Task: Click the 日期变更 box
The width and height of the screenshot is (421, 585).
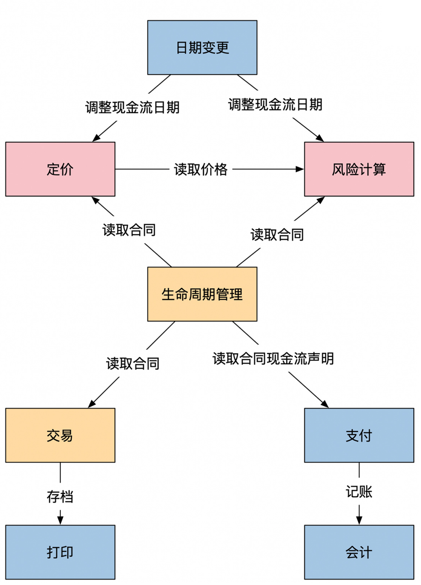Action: [202, 48]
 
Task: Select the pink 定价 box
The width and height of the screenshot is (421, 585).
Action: [60, 169]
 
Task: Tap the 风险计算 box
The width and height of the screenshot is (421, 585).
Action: [359, 169]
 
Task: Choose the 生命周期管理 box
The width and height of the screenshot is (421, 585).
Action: [202, 294]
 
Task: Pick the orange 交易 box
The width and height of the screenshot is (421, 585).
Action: [60, 435]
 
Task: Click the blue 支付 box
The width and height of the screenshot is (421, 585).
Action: [359, 435]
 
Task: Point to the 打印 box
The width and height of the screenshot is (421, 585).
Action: [60, 552]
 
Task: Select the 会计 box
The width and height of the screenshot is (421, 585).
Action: [359, 552]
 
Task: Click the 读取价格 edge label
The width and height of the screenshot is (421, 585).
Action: [201, 169]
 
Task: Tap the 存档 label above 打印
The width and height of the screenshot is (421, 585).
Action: [60, 497]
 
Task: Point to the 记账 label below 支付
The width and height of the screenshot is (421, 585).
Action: [359, 492]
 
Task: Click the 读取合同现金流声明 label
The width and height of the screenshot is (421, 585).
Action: [273, 358]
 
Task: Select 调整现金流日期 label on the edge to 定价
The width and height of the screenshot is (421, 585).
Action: [132, 107]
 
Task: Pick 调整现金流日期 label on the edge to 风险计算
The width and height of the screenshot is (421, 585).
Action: [275, 104]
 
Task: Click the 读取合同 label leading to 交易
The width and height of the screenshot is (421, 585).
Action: [132, 364]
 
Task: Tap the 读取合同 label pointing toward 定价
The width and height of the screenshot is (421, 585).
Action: [129, 230]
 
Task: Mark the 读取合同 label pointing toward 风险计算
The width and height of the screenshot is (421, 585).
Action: [277, 234]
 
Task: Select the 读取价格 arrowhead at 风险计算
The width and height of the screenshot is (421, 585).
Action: [300, 169]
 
